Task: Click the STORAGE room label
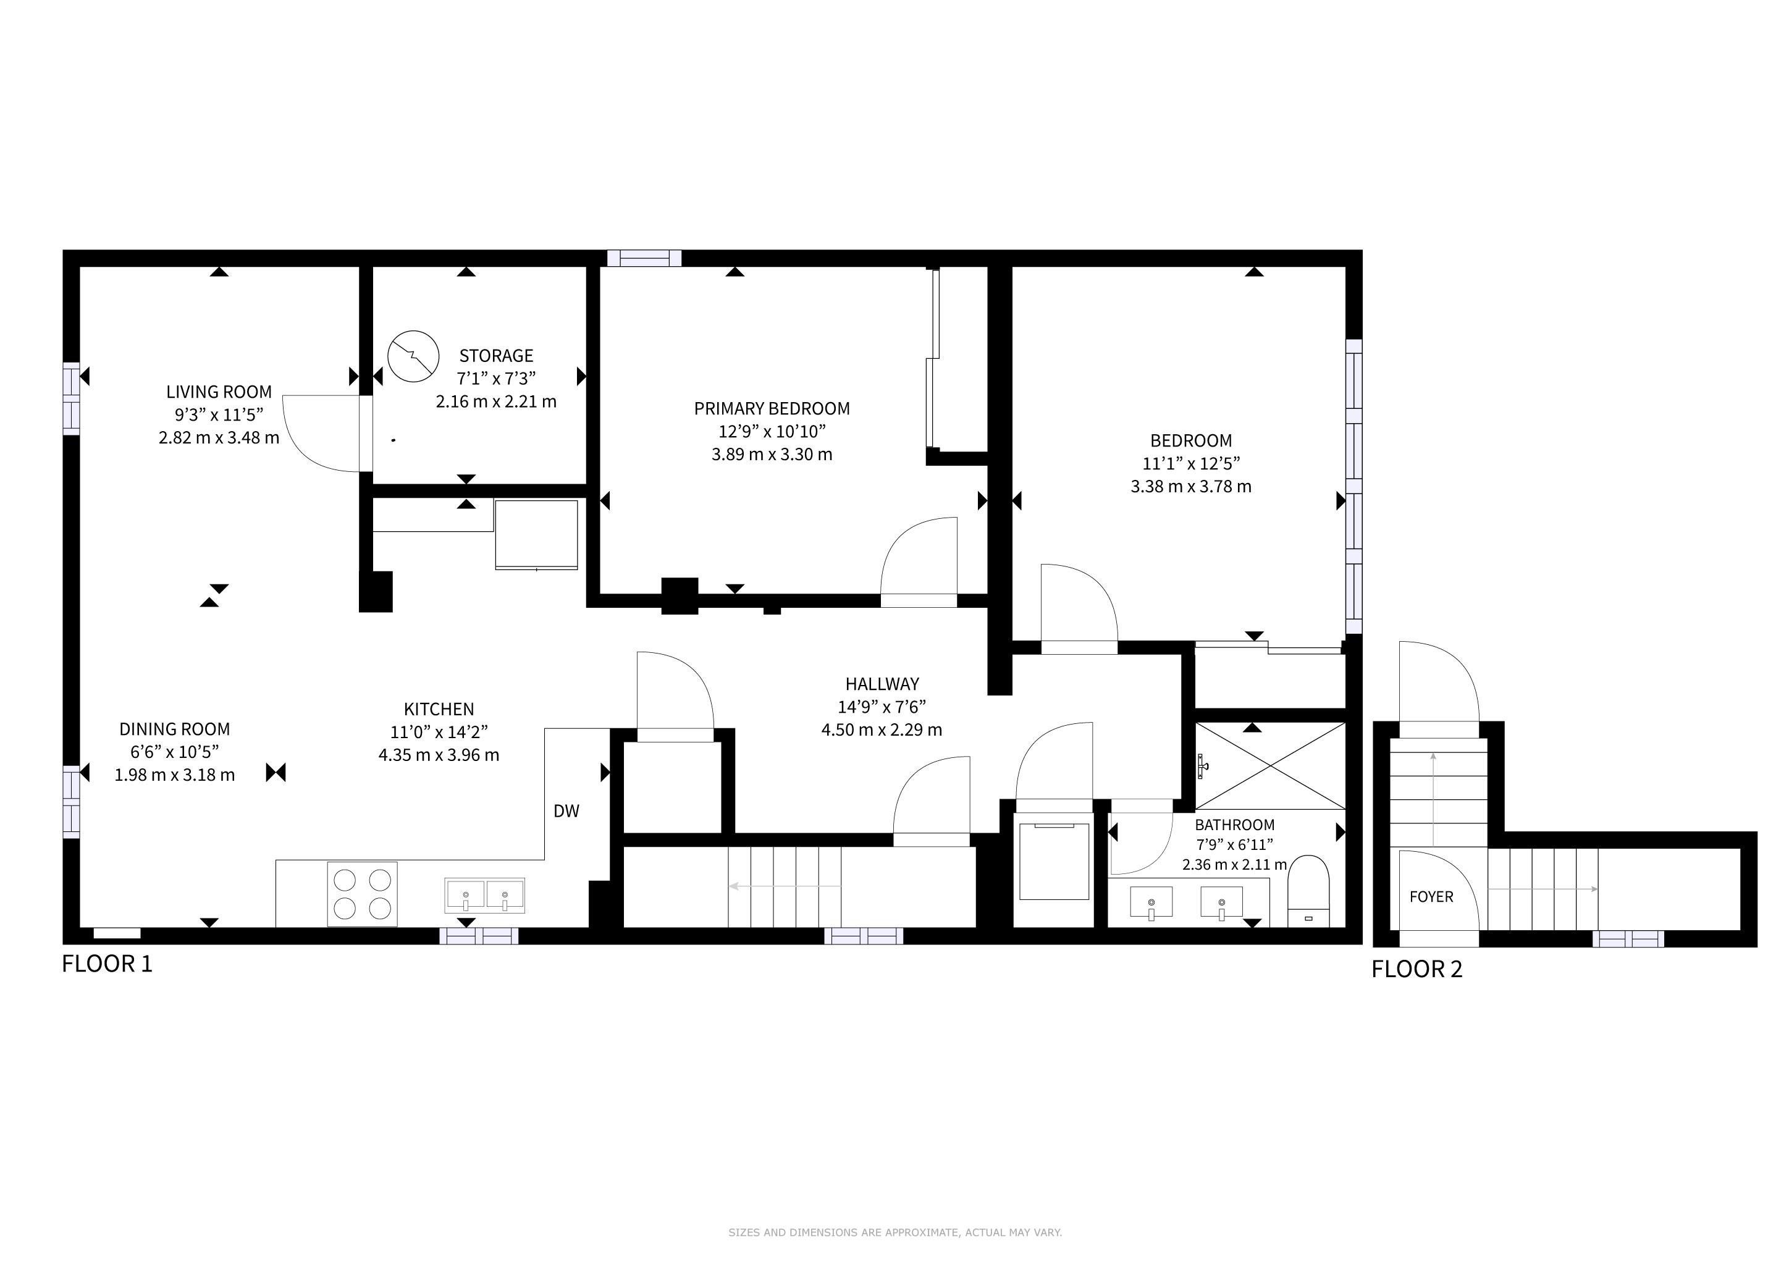point(496,356)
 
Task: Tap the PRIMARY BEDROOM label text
point(772,409)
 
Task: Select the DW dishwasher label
point(566,811)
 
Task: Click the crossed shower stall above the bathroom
point(1270,766)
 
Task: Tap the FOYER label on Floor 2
point(1431,897)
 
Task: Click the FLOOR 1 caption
point(107,964)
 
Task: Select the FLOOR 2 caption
point(1417,970)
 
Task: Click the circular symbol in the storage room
point(413,357)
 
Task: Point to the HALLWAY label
point(882,684)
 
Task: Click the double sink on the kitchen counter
point(485,895)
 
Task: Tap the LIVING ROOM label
point(219,392)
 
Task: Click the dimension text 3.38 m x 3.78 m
point(1192,487)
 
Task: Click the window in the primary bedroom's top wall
point(644,258)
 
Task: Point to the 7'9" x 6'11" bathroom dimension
point(1234,844)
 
